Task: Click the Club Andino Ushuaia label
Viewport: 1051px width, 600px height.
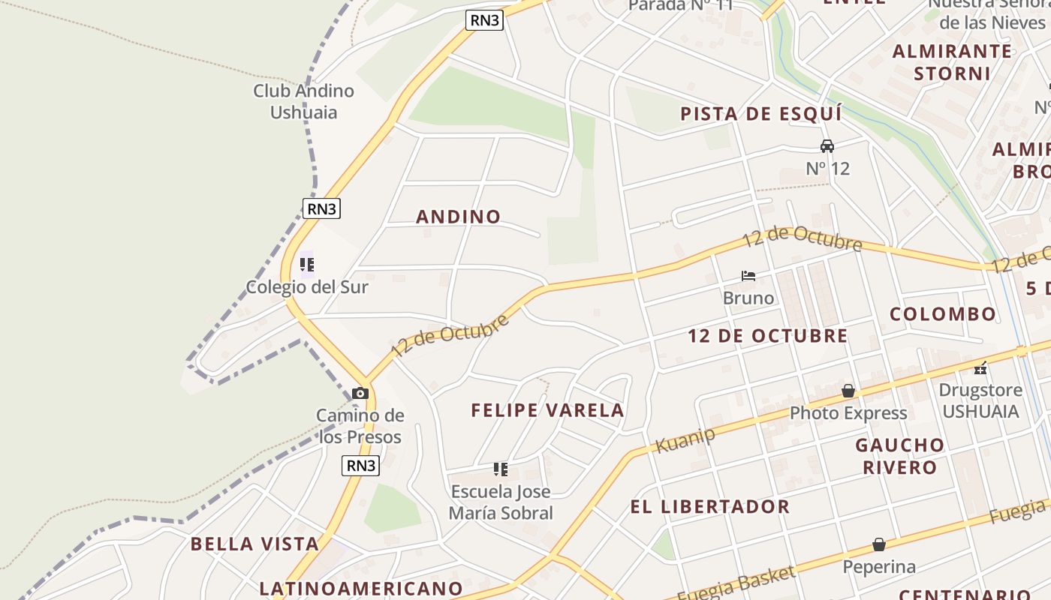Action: [x=303, y=101]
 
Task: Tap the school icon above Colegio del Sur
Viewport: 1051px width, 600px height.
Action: [x=307, y=265]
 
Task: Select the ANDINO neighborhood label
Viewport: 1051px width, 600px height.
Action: [x=458, y=217]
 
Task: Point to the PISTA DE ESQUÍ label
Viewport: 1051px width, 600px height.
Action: [x=760, y=114]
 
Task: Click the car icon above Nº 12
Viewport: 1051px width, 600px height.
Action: [x=827, y=145]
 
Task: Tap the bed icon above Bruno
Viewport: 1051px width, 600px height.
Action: [x=748, y=276]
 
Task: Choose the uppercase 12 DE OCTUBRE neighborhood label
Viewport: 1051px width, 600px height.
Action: [x=767, y=336]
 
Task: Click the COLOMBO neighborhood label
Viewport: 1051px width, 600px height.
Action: [x=943, y=313]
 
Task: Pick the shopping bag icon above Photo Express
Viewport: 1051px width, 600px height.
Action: [x=848, y=391]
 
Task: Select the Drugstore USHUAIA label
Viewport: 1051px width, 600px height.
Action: [x=980, y=400]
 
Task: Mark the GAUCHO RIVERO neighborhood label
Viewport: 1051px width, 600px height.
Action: [x=900, y=456]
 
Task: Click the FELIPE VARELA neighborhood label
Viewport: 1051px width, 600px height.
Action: [x=547, y=410]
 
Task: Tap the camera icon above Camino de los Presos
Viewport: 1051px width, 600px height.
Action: [x=360, y=393]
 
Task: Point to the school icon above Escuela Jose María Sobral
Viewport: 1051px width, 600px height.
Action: [x=501, y=470]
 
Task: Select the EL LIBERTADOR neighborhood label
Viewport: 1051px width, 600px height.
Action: [x=709, y=506]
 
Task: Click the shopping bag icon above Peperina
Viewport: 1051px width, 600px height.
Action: [x=879, y=544]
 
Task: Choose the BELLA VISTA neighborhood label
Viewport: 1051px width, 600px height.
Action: [x=254, y=544]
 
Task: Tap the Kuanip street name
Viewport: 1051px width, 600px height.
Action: [x=685, y=440]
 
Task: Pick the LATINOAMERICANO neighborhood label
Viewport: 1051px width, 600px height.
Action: [x=360, y=588]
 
